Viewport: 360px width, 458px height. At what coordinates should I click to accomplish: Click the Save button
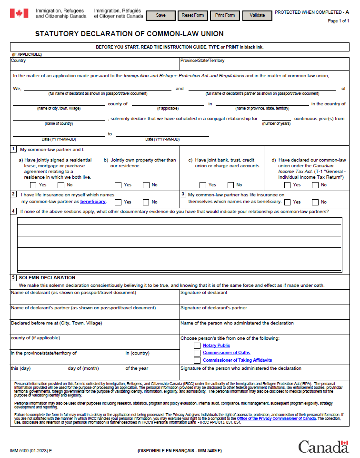(x=161, y=15)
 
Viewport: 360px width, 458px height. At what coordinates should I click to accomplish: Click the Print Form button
(x=225, y=15)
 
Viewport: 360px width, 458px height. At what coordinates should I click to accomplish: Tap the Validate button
(x=257, y=15)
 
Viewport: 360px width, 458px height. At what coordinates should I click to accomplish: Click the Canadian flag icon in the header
(x=19, y=13)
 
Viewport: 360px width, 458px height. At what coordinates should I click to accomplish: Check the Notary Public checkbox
(x=197, y=346)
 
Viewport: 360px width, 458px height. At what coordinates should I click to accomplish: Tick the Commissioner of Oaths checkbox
(x=197, y=353)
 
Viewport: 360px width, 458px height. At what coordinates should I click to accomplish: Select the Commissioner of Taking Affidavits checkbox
(x=197, y=360)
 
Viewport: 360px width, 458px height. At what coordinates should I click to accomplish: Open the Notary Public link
(x=216, y=346)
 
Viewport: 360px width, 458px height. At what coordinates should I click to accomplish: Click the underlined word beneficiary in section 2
(x=93, y=202)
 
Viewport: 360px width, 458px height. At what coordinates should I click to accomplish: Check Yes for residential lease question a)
(x=33, y=185)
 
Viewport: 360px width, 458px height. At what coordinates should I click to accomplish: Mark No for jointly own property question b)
(x=146, y=185)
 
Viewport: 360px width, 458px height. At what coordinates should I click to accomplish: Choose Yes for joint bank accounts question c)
(x=203, y=185)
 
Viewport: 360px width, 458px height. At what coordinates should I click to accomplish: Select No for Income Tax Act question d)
(x=315, y=185)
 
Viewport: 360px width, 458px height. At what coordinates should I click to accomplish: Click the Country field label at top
(x=19, y=61)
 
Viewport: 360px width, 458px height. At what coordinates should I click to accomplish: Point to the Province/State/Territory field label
(x=202, y=61)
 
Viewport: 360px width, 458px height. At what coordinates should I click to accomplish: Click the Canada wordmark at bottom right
(x=323, y=447)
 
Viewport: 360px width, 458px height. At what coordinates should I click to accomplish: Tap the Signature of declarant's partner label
(x=213, y=308)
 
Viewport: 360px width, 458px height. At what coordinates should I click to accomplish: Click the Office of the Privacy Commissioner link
(x=276, y=418)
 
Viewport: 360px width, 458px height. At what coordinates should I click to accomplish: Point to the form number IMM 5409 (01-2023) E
(x=31, y=450)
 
